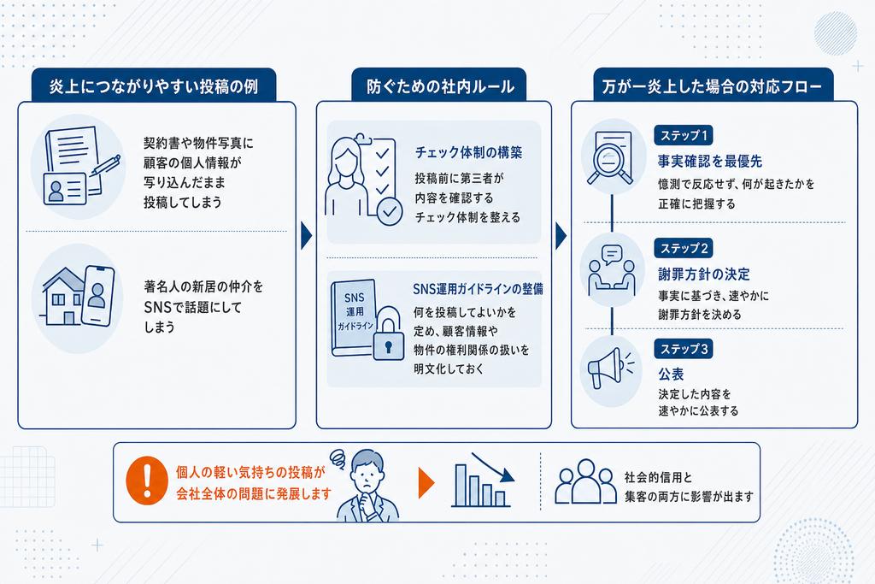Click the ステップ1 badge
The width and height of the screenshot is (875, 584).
[684, 135]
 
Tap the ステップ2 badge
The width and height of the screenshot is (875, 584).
[684, 248]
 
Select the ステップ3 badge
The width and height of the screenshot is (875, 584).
[684, 349]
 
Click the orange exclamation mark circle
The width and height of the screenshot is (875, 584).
[147, 481]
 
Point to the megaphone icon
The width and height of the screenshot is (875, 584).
[608, 368]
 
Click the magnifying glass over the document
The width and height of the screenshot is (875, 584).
[608, 162]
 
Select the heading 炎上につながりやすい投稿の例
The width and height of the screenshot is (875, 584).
[154, 86]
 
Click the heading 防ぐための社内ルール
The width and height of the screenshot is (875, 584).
[440, 86]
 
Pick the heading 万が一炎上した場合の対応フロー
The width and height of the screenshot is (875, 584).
[712, 86]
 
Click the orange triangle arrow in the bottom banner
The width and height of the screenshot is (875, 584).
[426, 483]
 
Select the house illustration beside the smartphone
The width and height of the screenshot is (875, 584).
[62, 297]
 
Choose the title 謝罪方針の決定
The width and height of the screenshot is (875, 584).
[704, 274]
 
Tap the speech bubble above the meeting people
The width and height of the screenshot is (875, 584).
[612, 255]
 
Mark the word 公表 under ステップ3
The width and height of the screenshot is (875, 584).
[671, 374]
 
